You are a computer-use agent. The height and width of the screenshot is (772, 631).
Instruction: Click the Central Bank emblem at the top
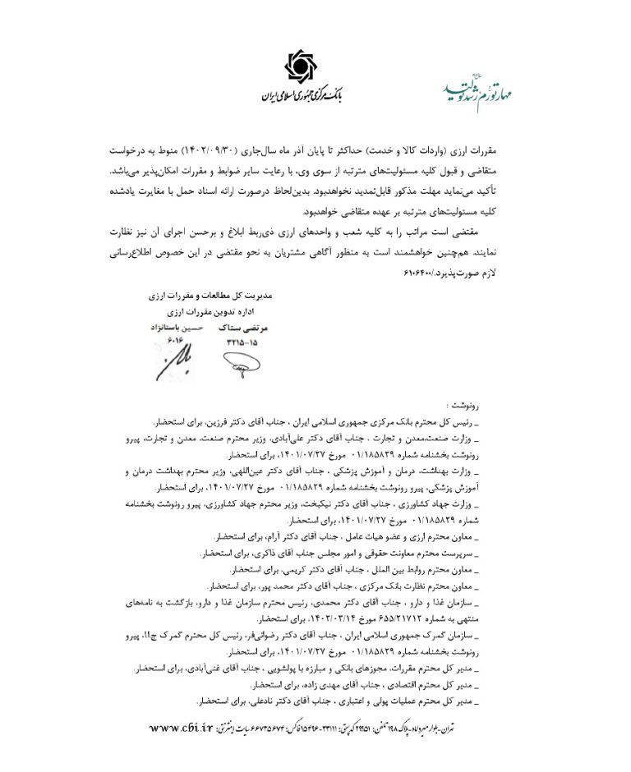point(305,64)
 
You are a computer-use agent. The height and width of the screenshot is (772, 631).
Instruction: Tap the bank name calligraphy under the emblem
point(304,93)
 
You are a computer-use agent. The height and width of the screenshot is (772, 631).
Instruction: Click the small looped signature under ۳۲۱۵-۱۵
point(237,362)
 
